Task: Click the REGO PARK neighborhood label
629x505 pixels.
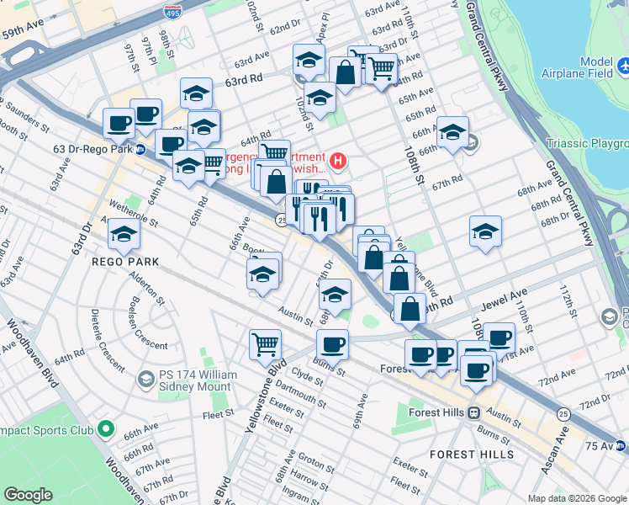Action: point(125,262)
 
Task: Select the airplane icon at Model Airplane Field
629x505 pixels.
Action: point(622,65)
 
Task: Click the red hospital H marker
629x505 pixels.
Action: point(338,159)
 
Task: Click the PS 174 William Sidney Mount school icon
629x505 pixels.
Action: point(145,379)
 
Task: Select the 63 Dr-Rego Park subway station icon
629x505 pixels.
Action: point(141,150)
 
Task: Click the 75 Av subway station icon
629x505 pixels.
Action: point(621,445)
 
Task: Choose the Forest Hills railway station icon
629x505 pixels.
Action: point(474,412)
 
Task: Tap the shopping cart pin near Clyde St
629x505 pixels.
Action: point(265,343)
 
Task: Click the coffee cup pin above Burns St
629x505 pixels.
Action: point(332,343)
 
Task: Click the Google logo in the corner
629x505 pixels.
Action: point(28,495)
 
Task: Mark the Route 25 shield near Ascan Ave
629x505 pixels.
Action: point(563,413)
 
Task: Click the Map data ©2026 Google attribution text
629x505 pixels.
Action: point(577,498)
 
